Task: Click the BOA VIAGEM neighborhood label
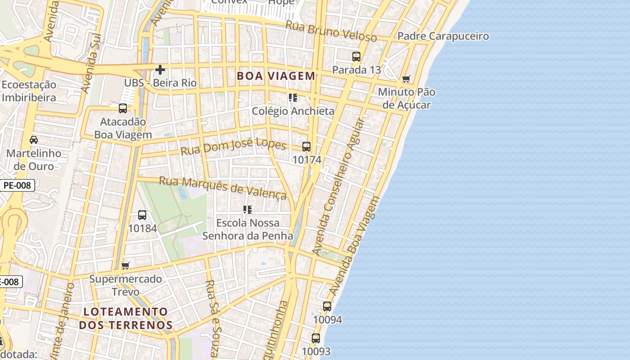coord(276,76)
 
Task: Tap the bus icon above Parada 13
coord(356,57)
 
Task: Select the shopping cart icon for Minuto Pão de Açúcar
coord(406,79)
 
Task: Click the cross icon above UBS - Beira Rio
coord(160,70)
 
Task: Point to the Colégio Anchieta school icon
coord(293,98)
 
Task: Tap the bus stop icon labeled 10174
coord(306,147)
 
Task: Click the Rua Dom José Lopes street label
coord(233,146)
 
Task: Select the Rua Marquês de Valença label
coord(223,187)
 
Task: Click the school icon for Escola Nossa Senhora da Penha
coord(247,210)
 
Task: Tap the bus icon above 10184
coord(142,215)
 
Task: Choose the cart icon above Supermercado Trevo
coord(126,265)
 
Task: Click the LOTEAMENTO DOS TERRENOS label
coord(126,318)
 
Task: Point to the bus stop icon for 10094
coord(327,306)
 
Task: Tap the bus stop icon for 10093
coord(316,338)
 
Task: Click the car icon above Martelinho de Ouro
coord(34,140)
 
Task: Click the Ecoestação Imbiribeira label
coord(29,91)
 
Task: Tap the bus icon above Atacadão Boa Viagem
coord(123,108)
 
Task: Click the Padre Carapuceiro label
coord(443,36)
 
